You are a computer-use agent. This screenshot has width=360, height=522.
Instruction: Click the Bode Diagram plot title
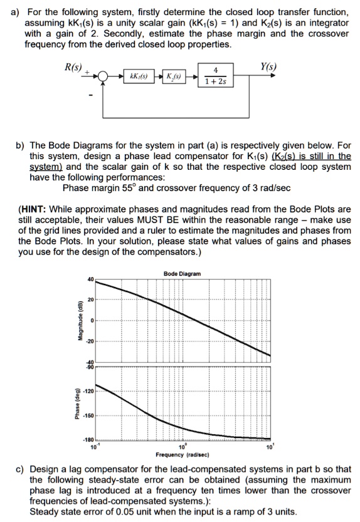tap(182, 274)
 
